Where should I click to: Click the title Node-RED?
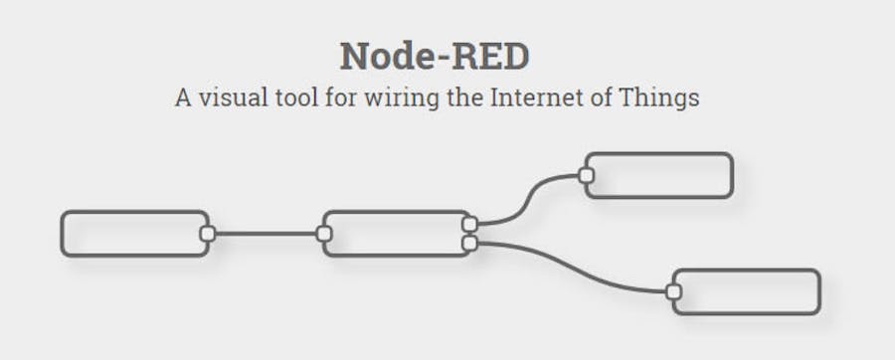pos(434,57)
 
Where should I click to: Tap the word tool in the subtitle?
pos(296,99)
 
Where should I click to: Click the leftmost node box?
pos(133,234)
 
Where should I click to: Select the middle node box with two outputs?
pos(396,234)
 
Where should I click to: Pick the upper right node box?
pos(659,175)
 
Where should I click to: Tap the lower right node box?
pos(747,291)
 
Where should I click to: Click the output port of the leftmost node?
pos(207,234)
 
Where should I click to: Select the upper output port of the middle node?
pos(469,224)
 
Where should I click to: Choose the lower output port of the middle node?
pos(469,243)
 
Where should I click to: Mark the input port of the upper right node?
pos(586,175)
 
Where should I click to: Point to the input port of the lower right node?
pos(673,291)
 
